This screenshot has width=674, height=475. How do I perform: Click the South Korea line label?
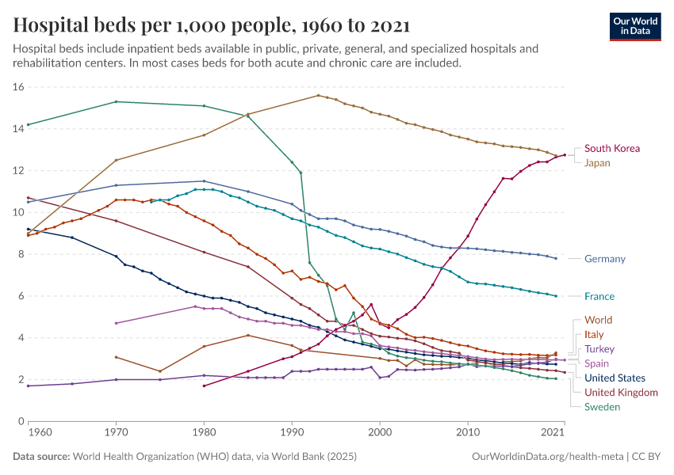click(611, 148)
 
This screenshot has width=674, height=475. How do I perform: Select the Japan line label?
click(597, 163)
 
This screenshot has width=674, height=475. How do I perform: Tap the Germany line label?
click(605, 259)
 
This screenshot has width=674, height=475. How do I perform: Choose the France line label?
click(599, 296)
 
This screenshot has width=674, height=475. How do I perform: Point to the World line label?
click(598, 320)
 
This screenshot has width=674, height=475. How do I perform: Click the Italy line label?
click(594, 335)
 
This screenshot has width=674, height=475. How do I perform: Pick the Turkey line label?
click(599, 349)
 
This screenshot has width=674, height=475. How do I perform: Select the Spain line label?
click(597, 363)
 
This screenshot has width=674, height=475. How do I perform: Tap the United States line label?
click(615, 378)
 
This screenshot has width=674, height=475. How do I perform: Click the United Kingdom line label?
click(621, 393)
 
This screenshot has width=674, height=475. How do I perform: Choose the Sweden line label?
click(602, 407)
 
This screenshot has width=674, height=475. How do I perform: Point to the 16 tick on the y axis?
click(19, 87)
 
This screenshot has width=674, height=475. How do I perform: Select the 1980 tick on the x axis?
click(204, 432)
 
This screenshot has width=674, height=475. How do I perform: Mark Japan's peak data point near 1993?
click(318, 95)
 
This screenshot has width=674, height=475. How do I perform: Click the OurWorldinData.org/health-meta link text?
click(547, 457)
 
